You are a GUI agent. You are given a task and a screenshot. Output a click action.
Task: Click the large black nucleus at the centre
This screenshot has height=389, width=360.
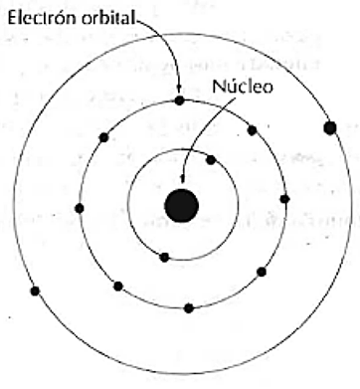click(181, 206)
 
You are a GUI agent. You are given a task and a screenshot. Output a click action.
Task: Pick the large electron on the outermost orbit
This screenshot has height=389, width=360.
click(329, 128)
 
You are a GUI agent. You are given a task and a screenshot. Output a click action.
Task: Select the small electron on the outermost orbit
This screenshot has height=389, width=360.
click(36, 291)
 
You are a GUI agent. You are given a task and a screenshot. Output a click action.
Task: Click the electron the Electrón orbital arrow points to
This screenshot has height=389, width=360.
click(179, 99)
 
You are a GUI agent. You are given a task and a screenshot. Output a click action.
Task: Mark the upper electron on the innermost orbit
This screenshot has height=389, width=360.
click(211, 159)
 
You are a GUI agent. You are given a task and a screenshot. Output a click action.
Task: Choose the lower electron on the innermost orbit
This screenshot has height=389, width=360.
click(163, 257)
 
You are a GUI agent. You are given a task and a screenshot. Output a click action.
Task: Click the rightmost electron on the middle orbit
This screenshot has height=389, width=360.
click(284, 199)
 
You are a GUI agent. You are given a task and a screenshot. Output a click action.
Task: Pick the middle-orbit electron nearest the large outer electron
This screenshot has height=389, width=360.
click(253, 129)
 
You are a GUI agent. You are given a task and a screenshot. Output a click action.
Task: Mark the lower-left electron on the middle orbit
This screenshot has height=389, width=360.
click(118, 286)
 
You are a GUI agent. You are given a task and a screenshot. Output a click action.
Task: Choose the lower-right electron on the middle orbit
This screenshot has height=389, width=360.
click(263, 271)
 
